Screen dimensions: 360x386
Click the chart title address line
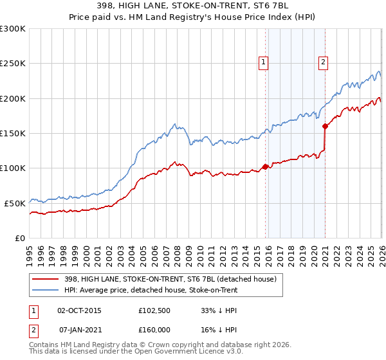point(193,6)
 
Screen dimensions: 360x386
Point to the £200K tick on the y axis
point(13,99)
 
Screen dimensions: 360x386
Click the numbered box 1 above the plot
point(264,62)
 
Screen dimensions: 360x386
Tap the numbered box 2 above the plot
point(323,62)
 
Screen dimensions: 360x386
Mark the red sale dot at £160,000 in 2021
point(326,127)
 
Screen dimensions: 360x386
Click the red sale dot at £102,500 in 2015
point(265,166)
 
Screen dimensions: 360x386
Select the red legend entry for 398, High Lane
point(170,279)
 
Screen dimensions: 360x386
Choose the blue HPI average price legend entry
point(151,290)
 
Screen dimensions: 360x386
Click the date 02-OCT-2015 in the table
point(79,310)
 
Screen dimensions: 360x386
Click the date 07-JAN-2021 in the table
point(79,330)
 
